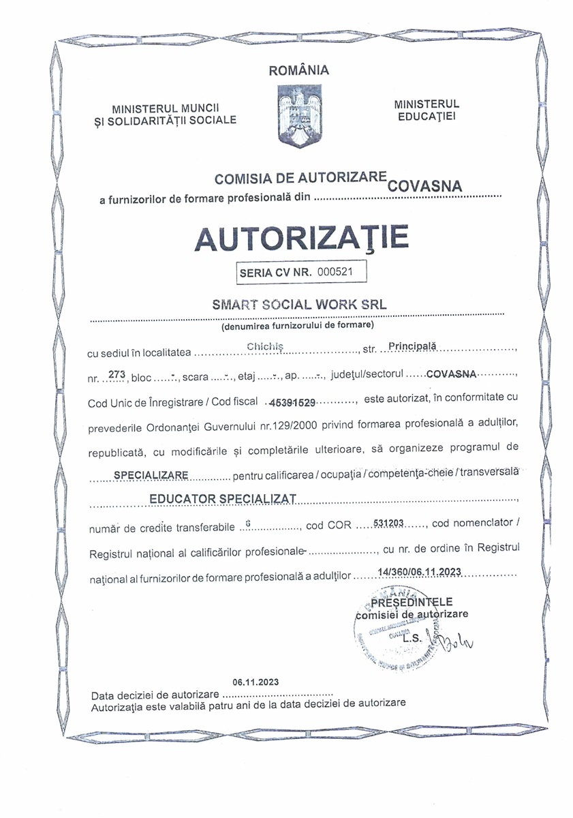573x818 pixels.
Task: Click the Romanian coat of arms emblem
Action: (299, 115)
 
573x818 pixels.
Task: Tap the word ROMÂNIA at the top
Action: (299, 70)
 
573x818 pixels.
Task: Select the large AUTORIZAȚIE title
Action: (302, 237)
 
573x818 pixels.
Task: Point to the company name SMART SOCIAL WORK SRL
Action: (300, 305)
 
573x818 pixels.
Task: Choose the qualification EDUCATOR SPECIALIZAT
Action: (222, 499)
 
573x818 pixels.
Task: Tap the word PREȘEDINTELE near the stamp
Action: (412, 602)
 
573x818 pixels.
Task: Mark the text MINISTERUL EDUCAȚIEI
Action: (427, 110)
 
